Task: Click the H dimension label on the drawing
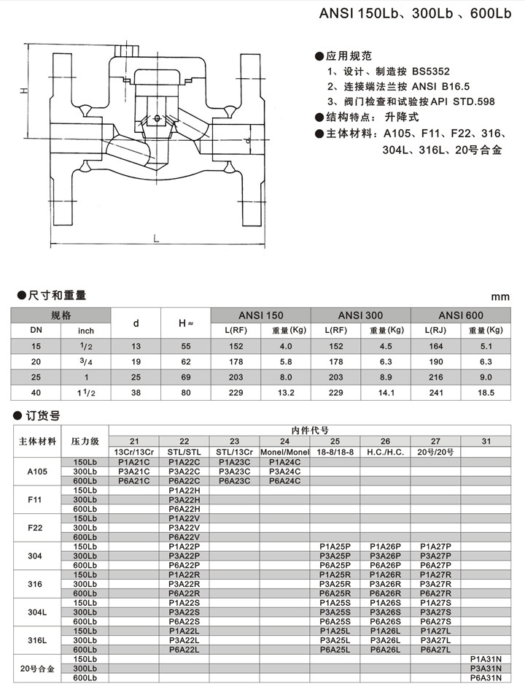23,90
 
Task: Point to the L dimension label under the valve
156,238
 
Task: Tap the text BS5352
412,72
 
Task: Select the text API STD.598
461,101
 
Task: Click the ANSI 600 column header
462,315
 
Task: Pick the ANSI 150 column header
261,315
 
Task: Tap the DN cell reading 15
36,345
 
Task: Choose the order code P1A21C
133,462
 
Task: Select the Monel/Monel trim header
284,452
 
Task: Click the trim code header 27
435,442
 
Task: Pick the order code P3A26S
385,612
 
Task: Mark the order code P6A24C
284,480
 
